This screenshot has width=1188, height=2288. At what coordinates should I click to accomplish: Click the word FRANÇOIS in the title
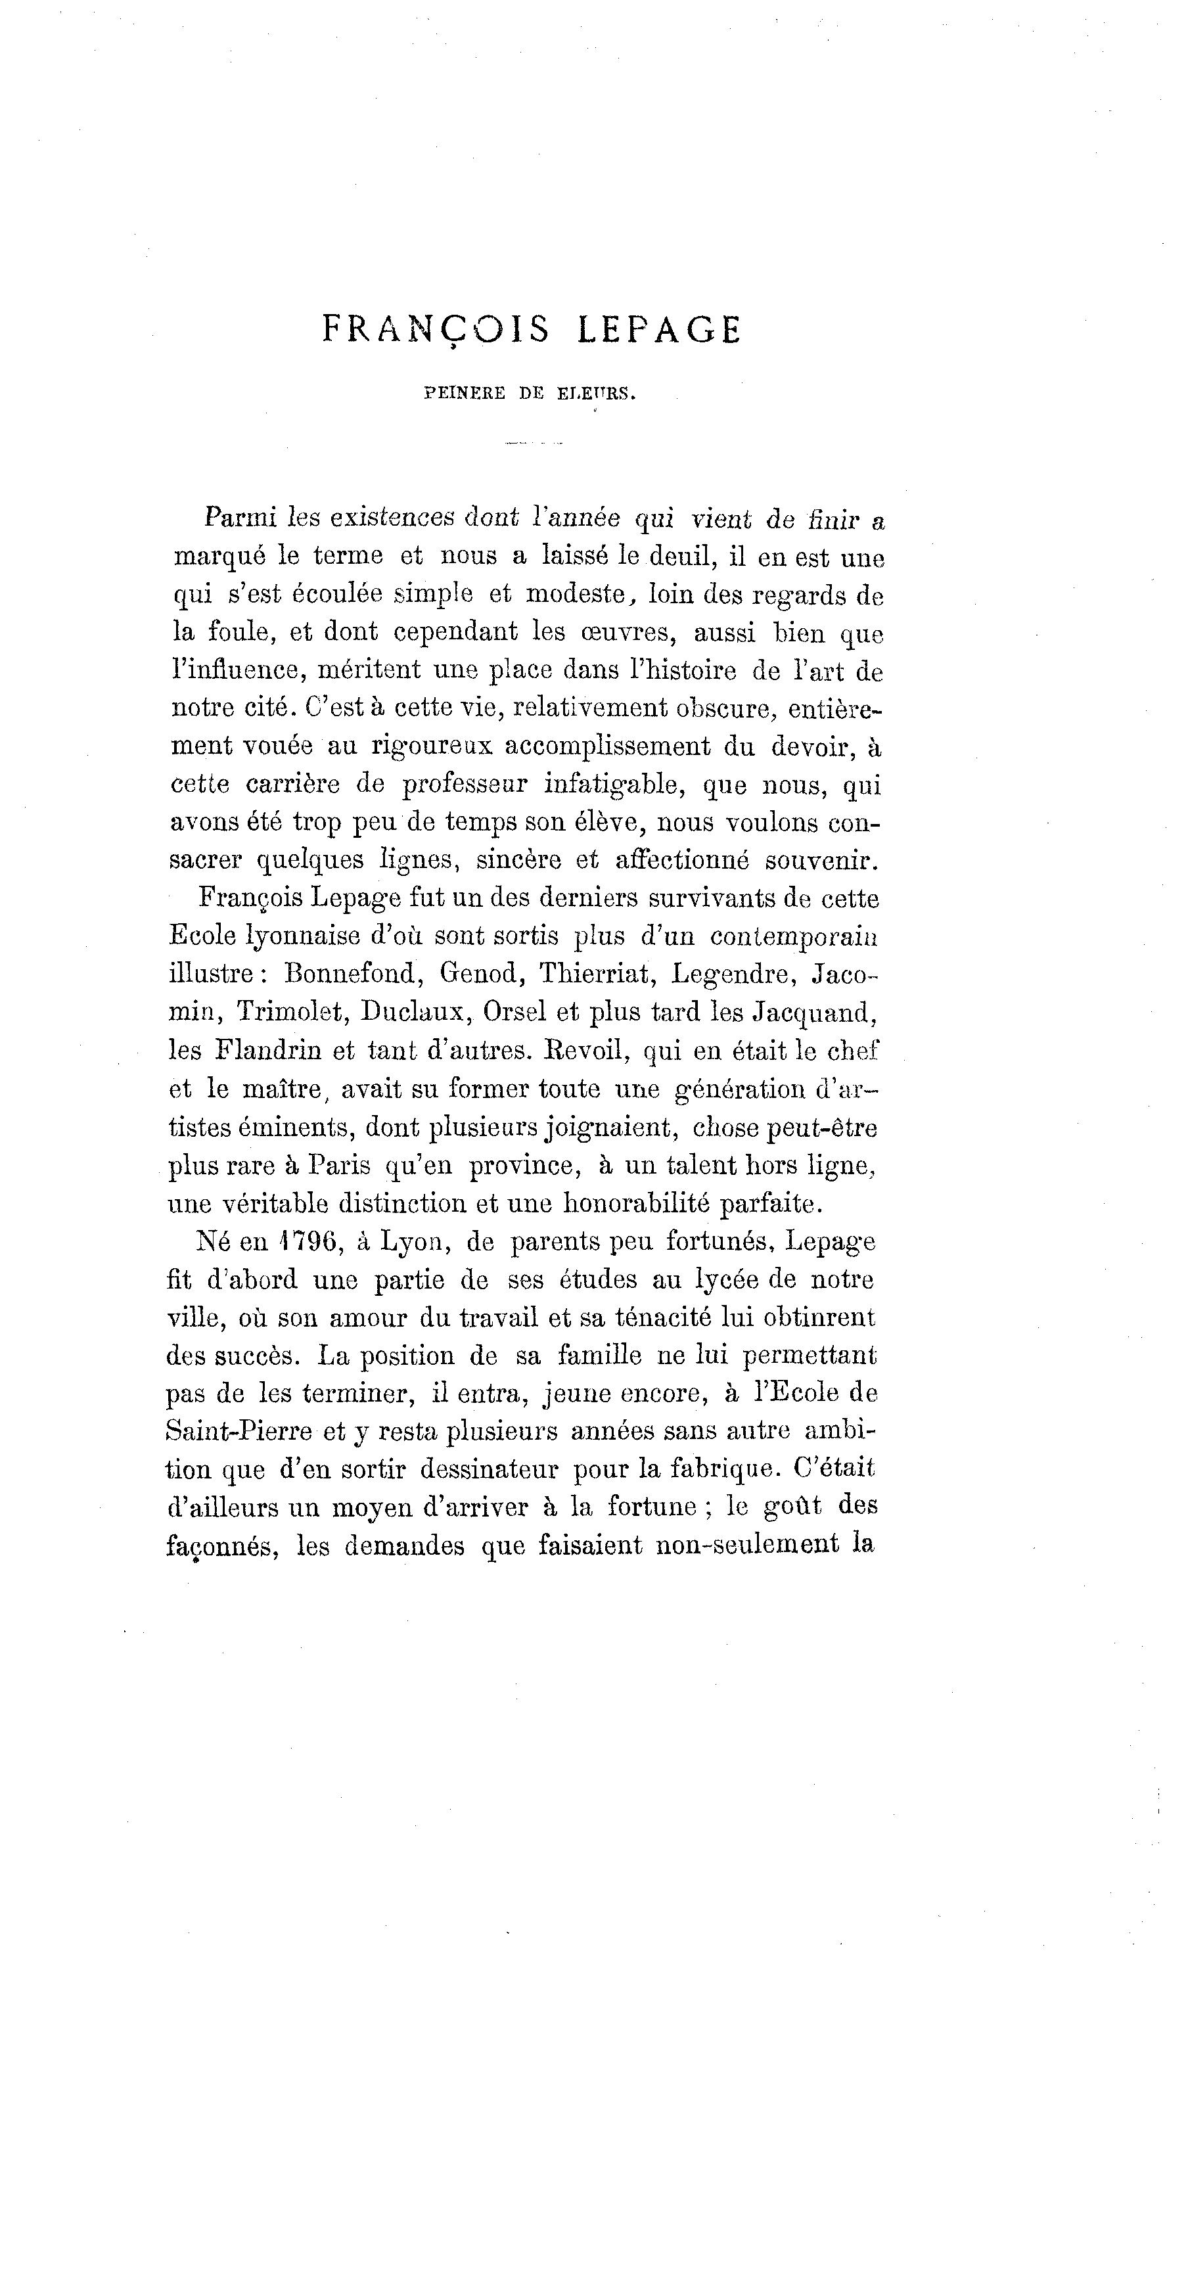pyautogui.click(x=435, y=331)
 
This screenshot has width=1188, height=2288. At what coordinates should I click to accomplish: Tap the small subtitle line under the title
pyautogui.click(x=530, y=394)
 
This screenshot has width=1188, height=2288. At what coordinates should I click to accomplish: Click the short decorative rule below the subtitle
pyautogui.click(x=534, y=442)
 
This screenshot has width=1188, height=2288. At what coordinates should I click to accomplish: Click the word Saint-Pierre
pyautogui.click(x=239, y=1432)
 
